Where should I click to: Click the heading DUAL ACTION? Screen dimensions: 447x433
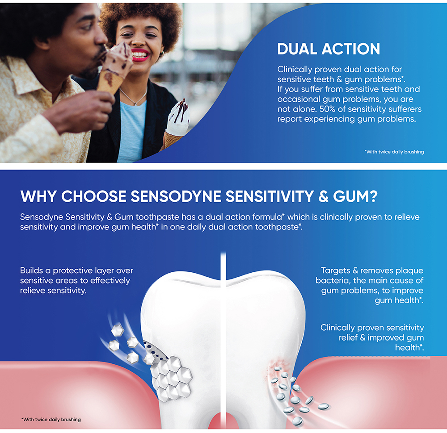(x=329, y=49)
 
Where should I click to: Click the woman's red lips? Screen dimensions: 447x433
(x=140, y=54)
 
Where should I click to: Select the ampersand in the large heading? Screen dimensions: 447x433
(x=323, y=197)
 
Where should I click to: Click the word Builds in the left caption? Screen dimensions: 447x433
(x=31, y=270)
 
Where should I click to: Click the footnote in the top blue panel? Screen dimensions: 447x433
(x=394, y=152)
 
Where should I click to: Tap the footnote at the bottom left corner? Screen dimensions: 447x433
(x=51, y=419)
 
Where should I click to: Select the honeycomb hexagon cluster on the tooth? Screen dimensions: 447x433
(x=171, y=377)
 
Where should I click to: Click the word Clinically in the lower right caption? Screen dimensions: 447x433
(x=337, y=328)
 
